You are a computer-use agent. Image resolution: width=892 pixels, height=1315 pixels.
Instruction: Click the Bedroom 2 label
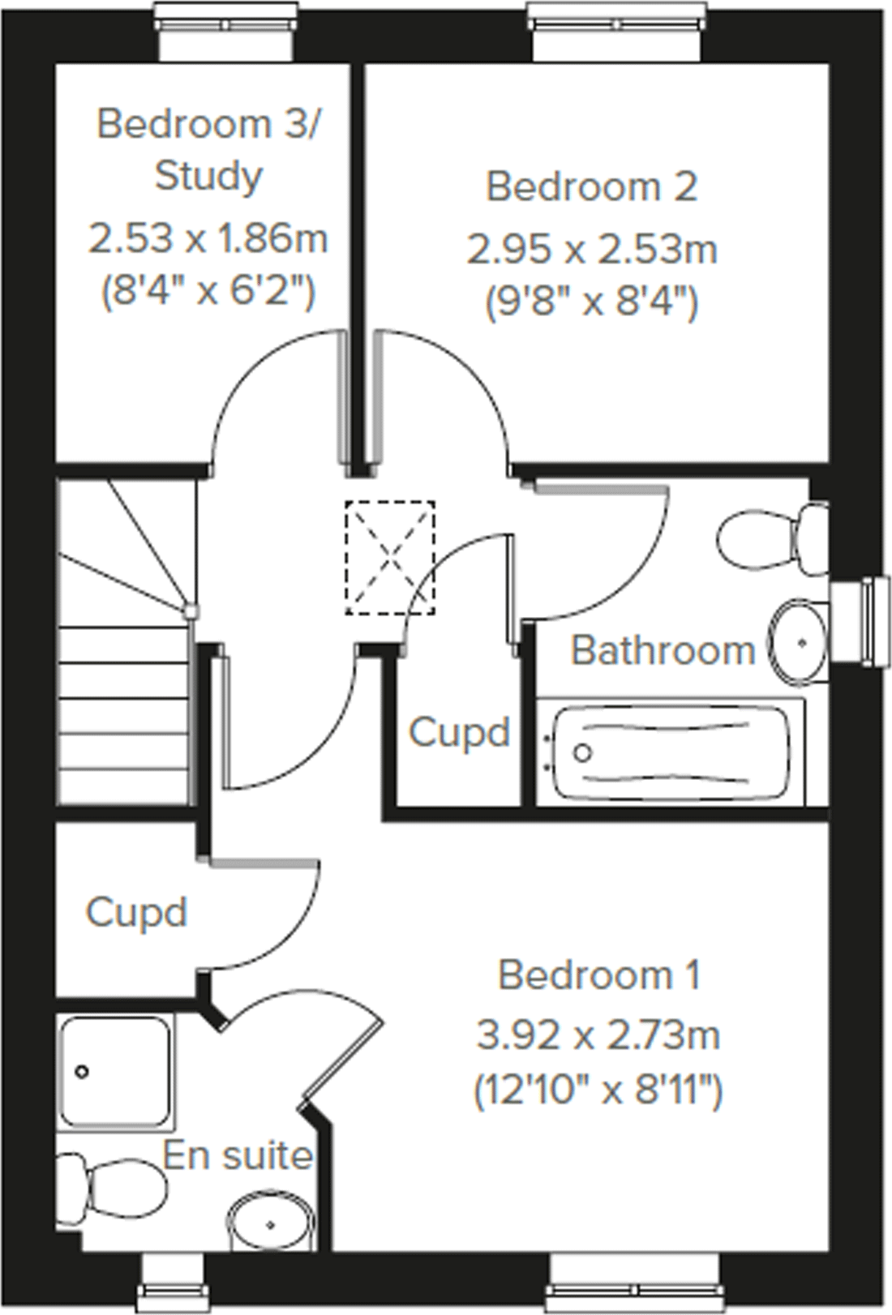click(591, 186)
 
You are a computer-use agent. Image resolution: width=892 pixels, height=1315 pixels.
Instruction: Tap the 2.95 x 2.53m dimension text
click(591, 250)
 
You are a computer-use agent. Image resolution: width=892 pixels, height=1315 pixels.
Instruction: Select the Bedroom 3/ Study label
click(208, 149)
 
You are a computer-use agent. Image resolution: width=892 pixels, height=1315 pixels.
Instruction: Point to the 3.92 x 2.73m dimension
click(598, 1035)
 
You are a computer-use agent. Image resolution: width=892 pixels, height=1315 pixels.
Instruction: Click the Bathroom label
click(663, 650)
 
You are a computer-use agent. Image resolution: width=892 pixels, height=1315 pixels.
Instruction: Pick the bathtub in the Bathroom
click(670, 752)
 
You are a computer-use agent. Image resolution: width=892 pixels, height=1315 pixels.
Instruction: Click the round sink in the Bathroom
click(799, 641)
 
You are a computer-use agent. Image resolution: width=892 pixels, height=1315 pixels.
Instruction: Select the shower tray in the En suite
click(118, 1072)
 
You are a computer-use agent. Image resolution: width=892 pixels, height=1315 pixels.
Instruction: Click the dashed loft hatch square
click(390, 558)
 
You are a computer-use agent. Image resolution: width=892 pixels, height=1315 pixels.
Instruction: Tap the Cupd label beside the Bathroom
click(459, 733)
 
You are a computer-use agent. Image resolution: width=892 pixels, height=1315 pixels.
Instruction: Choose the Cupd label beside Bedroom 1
click(136, 913)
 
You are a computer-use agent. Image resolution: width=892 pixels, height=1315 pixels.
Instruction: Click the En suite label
click(238, 1155)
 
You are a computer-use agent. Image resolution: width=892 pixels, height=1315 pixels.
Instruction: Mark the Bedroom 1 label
click(598, 974)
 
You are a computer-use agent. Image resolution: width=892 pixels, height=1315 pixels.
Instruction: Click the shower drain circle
click(82, 1072)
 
